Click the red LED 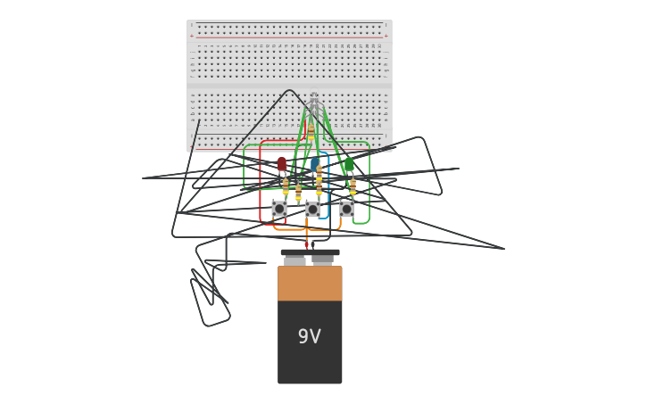coord(282,164)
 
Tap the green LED coord(349,164)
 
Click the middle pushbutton coord(312,209)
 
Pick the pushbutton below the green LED coord(346,209)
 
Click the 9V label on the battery coord(309,337)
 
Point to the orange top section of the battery coord(310,283)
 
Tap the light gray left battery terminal coord(294,260)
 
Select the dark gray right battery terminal coord(323,260)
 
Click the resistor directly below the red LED coord(286,187)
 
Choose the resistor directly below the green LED coord(353,186)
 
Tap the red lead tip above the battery coord(306,244)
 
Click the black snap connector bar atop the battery coord(310,252)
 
